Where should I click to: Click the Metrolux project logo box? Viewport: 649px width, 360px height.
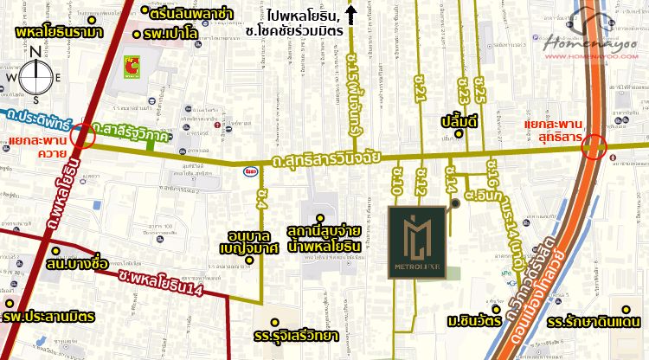pyautogui.click(x=419, y=241)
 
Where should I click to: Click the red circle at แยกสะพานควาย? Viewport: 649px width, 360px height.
pyautogui.click(x=84, y=136)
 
